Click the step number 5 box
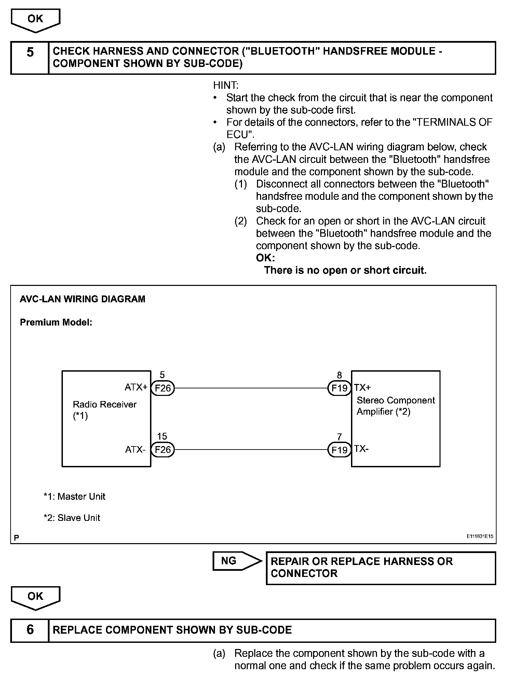click(30, 57)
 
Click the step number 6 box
click(30, 630)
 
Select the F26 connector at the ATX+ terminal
click(163, 388)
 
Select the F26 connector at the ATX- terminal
click(163, 450)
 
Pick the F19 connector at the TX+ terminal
click(339, 388)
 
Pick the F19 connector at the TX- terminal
click(339, 450)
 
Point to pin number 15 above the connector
click(162, 436)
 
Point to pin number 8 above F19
click(339, 375)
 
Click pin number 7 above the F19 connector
click(339, 437)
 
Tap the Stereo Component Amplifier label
click(396, 405)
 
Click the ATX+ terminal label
click(136, 387)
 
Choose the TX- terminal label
click(362, 449)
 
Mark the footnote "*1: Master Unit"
click(75, 496)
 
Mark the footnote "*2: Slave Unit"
click(72, 517)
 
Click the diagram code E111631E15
click(480, 536)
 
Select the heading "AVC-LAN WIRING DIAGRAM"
click(82, 299)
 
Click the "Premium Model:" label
click(56, 322)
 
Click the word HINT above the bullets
click(226, 85)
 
